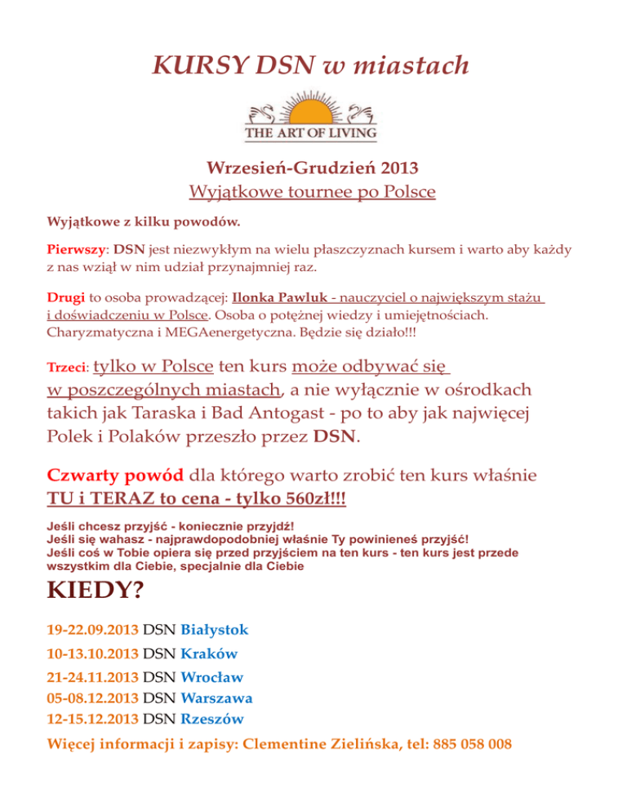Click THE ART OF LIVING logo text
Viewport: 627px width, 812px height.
point(312,132)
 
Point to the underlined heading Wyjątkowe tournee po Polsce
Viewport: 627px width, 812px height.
point(312,193)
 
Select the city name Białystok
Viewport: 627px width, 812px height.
point(214,630)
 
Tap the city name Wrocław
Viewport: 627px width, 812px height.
point(211,677)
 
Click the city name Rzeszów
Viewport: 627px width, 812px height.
point(211,720)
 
